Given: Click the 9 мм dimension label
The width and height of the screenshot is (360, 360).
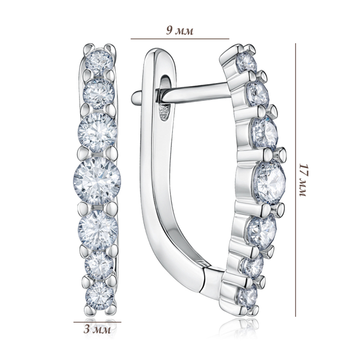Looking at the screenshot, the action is tap(180, 30).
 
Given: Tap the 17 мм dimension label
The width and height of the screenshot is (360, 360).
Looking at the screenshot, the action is tap(303, 180).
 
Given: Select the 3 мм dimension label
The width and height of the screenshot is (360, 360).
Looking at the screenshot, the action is tap(97, 330).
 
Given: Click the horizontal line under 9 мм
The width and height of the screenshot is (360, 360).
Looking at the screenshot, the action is tap(180, 39).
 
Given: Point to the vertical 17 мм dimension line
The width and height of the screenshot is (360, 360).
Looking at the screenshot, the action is tap(296, 180).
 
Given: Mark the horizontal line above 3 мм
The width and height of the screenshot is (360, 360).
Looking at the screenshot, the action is tap(97, 322).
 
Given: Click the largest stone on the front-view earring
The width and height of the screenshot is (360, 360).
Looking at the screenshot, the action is tap(97, 181).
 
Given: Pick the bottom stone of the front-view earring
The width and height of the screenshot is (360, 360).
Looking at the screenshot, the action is tap(100, 296).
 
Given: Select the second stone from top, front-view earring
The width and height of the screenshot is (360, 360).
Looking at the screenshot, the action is tap(99, 94).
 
